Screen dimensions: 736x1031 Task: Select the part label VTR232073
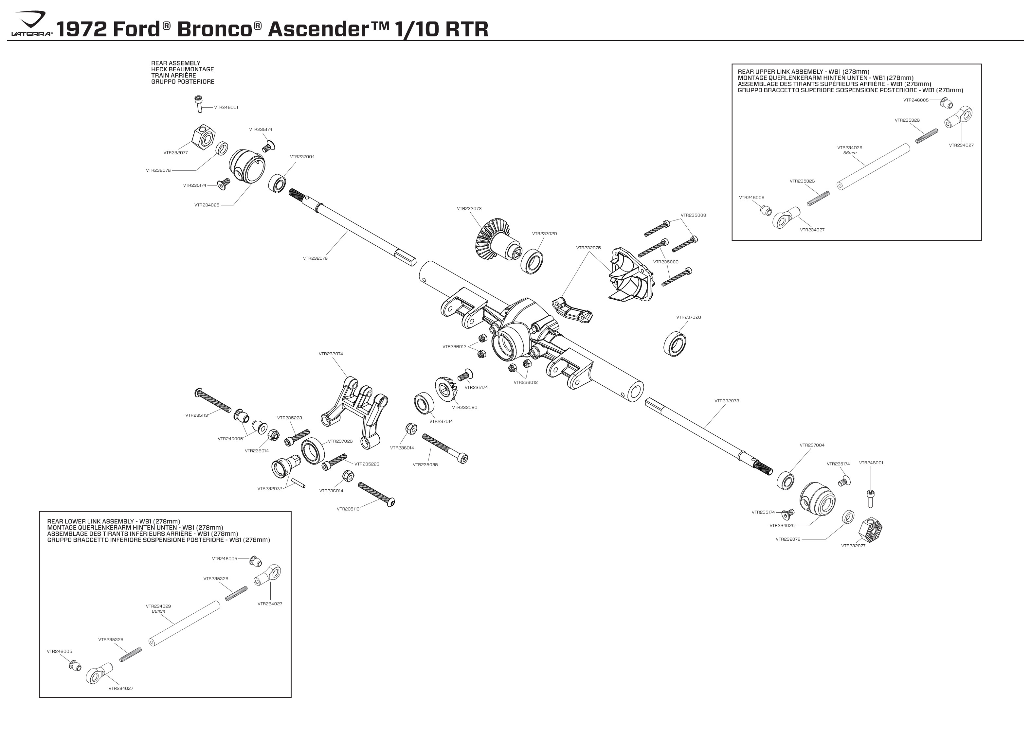[469, 208]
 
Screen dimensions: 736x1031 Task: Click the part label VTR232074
[331, 354]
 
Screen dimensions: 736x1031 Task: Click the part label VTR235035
[425, 464]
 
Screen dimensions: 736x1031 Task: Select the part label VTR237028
[340, 441]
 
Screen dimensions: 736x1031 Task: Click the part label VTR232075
[588, 248]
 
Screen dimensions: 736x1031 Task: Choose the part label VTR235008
[693, 215]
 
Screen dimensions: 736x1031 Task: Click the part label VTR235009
[666, 262]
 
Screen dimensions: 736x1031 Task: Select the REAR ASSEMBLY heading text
[175, 63]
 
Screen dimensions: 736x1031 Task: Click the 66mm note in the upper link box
[849, 153]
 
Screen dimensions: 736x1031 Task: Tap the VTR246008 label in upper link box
[751, 198]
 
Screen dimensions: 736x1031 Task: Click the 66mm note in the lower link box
[158, 611]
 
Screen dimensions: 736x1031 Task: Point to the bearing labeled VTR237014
[425, 403]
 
